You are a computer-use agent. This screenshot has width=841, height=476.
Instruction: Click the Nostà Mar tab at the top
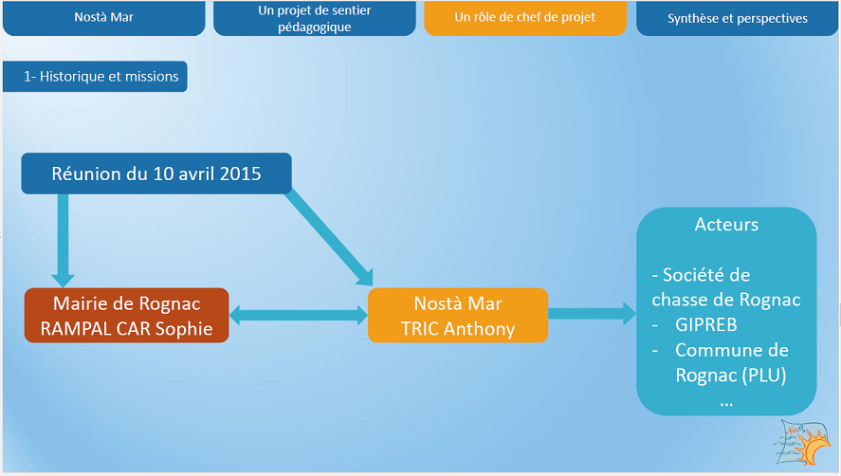coord(103,18)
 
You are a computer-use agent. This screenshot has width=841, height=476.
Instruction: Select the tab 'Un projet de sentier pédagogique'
coord(314,18)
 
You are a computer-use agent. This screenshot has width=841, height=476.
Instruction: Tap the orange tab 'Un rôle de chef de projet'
coord(525,18)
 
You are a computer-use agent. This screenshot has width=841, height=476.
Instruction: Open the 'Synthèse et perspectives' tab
coord(737,18)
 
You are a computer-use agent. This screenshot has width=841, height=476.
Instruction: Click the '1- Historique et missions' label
coord(95,77)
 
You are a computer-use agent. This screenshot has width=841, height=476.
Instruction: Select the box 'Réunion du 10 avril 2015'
coord(156,174)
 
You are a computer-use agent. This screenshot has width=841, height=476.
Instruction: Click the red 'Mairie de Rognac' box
coord(126,316)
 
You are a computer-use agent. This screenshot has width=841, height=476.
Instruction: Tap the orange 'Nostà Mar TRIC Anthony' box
coord(458,316)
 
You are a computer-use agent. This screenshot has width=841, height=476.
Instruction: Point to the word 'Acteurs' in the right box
coord(726,225)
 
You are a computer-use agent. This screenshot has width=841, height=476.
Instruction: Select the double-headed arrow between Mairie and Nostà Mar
coord(298,316)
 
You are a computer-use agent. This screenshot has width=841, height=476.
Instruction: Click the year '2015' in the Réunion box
coord(240,174)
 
